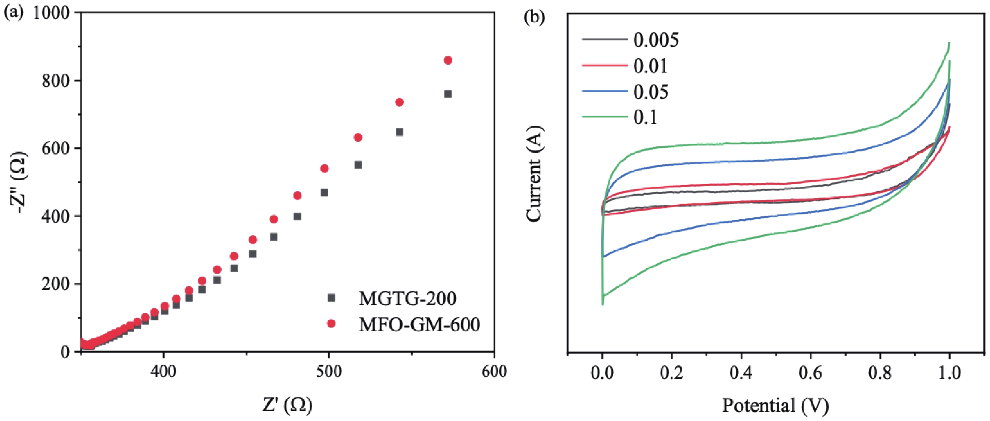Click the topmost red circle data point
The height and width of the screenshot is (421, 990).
[448, 60]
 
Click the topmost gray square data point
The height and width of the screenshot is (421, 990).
[448, 94]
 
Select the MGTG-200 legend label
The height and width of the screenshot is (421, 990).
[407, 299]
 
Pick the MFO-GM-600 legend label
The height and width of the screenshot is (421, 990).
[419, 324]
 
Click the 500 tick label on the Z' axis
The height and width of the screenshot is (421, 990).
[329, 372]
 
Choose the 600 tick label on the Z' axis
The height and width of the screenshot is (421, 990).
[494, 372]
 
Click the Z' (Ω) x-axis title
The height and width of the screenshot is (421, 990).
[287, 405]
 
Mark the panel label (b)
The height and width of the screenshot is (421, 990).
[534, 18]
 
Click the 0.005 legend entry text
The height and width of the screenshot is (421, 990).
[656, 40]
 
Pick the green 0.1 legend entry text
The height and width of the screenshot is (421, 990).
[645, 117]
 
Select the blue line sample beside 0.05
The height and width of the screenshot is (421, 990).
[605, 91]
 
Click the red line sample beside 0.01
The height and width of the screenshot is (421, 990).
[605, 65]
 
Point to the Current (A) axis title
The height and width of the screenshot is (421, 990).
[534, 174]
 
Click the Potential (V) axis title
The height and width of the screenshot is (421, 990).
[775, 406]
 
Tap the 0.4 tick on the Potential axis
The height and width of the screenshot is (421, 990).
[741, 373]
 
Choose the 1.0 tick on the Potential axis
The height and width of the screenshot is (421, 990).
[949, 373]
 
